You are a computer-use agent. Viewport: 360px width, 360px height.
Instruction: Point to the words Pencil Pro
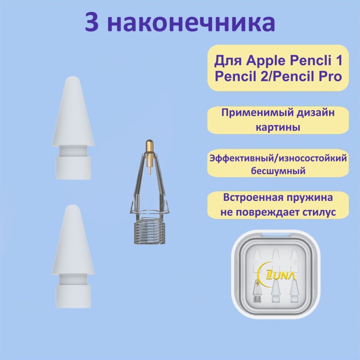[308, 76]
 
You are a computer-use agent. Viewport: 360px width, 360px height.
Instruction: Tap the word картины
[278, 127]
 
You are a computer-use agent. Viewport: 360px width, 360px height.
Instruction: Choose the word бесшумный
[278, 171]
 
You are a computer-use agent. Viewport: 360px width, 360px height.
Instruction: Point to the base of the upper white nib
[73, 168]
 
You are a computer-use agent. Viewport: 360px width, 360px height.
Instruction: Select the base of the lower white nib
[73, 296]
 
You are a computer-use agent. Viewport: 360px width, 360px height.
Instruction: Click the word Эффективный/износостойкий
[278, 159]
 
